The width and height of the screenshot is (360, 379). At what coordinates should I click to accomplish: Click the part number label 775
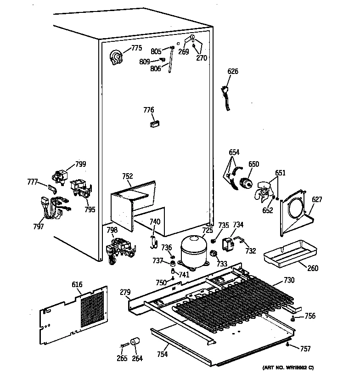[136, 48]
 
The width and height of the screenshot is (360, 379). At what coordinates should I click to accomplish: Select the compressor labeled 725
[193, 250]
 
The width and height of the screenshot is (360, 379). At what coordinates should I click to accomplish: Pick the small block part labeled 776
[155, 123]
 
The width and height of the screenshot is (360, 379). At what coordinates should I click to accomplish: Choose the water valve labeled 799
[60, 175]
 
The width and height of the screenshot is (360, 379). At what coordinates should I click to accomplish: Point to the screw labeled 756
[292, 317]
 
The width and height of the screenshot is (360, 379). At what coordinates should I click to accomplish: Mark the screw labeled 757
[287, 344]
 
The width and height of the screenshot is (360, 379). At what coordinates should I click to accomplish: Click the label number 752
[127, 176]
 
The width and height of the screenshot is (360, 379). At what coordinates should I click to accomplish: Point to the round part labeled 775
[117, 58]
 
